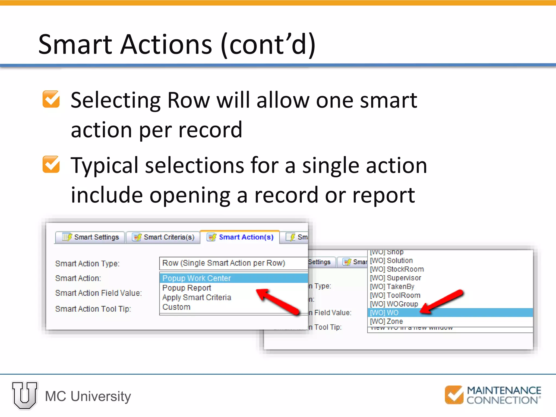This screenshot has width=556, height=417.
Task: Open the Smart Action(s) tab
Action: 240,237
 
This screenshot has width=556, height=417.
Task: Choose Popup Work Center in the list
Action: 197,278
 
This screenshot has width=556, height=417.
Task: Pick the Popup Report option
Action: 187,288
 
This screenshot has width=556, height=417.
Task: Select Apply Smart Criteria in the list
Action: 197,298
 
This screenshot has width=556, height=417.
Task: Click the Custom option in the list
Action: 176,307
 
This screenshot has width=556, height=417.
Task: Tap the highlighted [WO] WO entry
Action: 384,313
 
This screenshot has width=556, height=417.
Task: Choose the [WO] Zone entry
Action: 387,321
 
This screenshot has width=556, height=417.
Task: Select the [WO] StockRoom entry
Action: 397,269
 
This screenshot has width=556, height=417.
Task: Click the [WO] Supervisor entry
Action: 396,278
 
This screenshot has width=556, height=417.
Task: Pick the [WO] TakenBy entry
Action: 392,287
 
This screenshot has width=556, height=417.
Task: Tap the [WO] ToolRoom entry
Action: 395,295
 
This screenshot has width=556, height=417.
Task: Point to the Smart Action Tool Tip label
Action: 93,309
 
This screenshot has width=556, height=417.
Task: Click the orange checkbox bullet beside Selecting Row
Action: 51,99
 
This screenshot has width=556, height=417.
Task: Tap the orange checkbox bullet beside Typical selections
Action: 51,165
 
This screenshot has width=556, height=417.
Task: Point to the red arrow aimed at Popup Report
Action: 277,301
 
